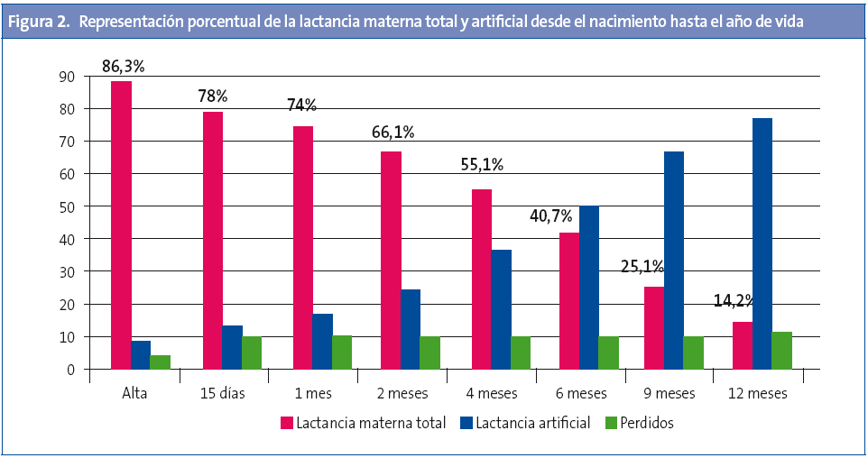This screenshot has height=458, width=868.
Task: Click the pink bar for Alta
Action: click(x=121, y=225)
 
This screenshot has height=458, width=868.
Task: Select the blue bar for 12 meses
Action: click(x=762, y=243)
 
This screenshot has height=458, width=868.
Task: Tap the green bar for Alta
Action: click(x=160, y=362)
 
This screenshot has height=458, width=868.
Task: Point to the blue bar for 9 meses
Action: click(x=673, y=261)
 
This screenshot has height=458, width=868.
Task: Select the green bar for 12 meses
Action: click(x=781, y=351)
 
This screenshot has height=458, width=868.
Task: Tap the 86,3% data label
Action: click(x=123, y=65)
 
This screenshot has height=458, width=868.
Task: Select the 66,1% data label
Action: click(x=392, y=133)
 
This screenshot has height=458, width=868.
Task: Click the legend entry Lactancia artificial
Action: click(x=531, y=422)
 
